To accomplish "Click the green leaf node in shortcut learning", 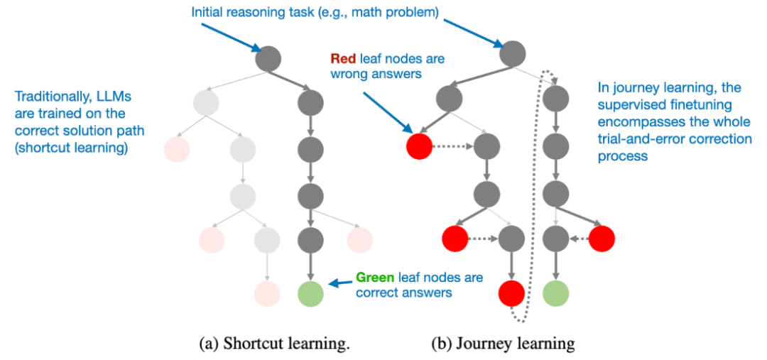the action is pos(310,293).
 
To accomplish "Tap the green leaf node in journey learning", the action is pos(555,293).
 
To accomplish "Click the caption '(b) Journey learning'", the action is pos(503,344).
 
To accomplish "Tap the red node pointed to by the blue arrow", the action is pos(419,146).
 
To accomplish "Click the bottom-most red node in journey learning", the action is pos(511,293).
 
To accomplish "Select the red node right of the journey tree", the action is pos(602,239).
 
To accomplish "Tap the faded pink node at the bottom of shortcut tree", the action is pos(266,293).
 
